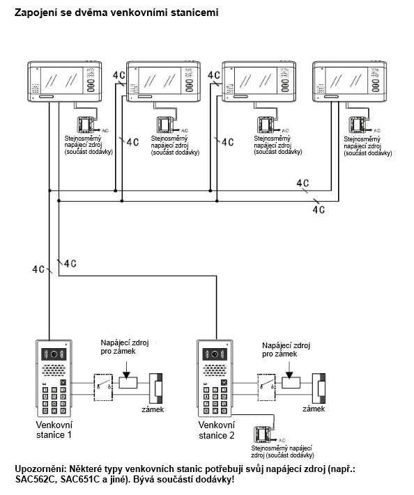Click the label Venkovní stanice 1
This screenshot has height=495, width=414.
point(54,430)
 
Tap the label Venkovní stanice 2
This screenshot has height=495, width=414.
point(217,430)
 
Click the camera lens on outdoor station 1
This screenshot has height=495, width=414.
point(54,354)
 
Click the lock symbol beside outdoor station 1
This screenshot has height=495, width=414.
point(156,388)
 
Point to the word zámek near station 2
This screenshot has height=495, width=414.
point(314,409)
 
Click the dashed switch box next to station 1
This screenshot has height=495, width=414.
point(103,388)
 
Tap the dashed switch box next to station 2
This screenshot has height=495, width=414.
point(266,387)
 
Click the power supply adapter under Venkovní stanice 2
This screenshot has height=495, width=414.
point(263,434)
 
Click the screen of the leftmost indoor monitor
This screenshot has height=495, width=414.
point(61,81)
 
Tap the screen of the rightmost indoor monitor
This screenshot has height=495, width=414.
point(346,81)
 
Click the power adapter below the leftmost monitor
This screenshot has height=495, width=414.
point(85,125)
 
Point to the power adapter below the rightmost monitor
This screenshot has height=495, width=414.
point(358,125)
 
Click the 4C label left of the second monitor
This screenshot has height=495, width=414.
point(119,75)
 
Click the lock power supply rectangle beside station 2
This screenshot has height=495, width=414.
point(291,383)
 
